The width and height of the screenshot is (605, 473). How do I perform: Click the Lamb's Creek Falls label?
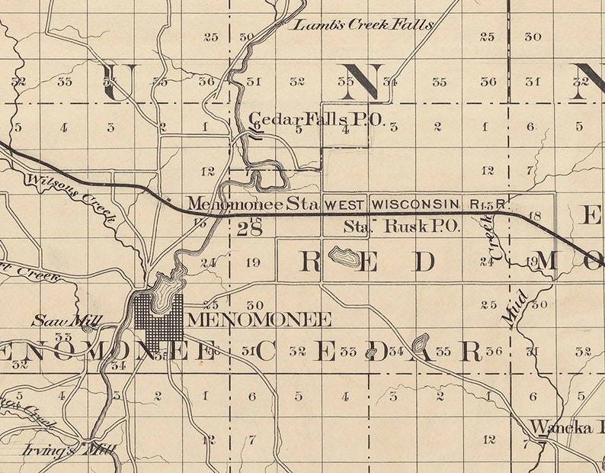pyautogui.click(x=363, y=24)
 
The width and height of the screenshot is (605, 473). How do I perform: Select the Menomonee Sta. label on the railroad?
pyautogui.click(x=254, y=204)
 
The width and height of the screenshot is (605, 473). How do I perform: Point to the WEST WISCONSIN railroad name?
pyautogui.click(x=393, y=204)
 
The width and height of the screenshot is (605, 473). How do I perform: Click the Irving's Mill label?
pyautogui.click(x=77, y=449)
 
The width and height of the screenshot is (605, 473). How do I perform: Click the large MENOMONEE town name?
pyautogui.click(x=259, y=319)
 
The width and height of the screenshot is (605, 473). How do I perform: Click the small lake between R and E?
pyautogui.click(x=341, y=255)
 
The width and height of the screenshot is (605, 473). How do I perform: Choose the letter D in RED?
pyautogui.click(x=424, y=262)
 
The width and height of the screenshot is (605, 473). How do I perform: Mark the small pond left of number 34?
pyautogui.click(x=372, y=352)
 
